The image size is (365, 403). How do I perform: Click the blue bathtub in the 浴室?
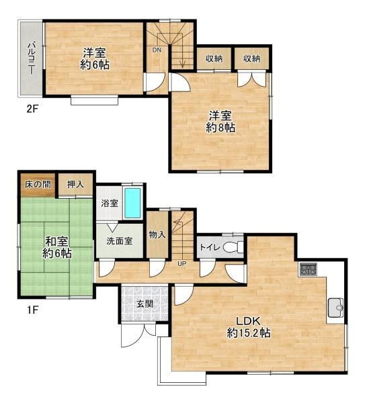(x=132, y=203)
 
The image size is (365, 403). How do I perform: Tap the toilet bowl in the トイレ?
(x=231, y=247)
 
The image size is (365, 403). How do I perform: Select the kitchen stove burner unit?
(x=308, y=269)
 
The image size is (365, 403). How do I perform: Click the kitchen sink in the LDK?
(x=335, y=308)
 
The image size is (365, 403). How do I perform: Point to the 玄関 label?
(x=145, y=304)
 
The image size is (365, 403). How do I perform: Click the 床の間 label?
(x=38, y=184)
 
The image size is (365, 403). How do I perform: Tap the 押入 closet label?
(x=75, y=184)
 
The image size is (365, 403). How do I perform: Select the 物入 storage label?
(x=157, y=234)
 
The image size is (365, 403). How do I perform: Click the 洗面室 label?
(x=120, y=241)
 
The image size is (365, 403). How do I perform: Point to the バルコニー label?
(x=32, y=58)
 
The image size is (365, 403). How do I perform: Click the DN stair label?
(x=157, y=50)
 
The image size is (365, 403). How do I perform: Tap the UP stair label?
(x=181, y=264)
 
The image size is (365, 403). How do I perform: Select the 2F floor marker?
(x=32, y=109)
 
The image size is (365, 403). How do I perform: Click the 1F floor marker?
(x=32, y=310)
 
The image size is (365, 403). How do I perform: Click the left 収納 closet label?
(x=214, y=58)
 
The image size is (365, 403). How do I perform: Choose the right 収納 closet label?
(x=252, y=58)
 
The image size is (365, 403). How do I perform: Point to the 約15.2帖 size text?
(x=249, y=333)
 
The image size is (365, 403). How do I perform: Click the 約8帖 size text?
(x=220, y=128)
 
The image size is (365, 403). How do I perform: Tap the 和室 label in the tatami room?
(x=57, y=241)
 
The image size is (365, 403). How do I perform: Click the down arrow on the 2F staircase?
(x=182, y=56)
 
